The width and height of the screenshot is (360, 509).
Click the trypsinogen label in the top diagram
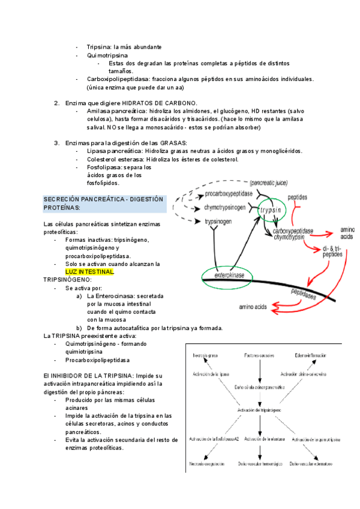[x=222, y=221]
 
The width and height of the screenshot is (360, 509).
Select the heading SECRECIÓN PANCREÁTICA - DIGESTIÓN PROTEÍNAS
[x=96, y=203]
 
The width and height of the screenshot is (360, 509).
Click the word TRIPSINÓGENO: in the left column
[x=68, y=280]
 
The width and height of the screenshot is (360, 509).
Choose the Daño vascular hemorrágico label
[x=259, y=464]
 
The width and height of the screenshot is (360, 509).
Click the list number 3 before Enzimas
[x=56, y=142]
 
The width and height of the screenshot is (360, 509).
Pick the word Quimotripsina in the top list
[x=107, y=55]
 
